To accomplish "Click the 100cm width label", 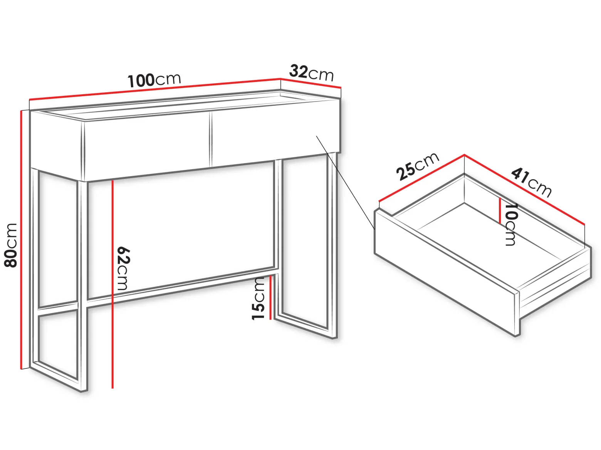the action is coord(154,80).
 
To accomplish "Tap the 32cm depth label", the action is coord(311,72).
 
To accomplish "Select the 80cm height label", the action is coord(11,245).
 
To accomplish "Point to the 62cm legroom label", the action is coord(123,268).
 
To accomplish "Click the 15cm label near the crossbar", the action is coord(258,298).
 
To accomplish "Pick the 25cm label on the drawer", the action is coord(418,166).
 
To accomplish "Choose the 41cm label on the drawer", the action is coord(531,183).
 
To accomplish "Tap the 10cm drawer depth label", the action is coord(511,225).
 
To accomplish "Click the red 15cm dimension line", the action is coord(270,298).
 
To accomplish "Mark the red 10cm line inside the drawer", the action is coord(500,210).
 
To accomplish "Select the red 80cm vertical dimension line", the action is coord(21,240).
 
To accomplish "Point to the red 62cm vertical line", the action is coord(112,284).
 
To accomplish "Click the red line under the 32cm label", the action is coord(311,83).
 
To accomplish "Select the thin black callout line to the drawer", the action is coord(345,182).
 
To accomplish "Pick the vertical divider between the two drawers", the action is coord(211,139).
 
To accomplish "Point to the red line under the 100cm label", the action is coord(155,89).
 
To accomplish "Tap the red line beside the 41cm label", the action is coord(524,190).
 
